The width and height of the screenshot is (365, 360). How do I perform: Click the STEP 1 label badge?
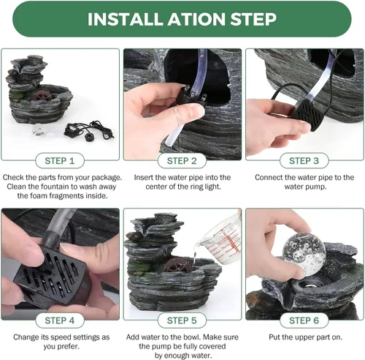[x=60, y=161]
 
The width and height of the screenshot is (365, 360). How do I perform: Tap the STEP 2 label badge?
[x=182, y=161]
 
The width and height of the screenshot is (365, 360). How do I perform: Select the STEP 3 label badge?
[x=304, y=161]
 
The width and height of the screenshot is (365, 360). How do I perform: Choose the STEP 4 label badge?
[x=60, y=320]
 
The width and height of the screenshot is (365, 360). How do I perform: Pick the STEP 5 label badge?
[x=182, y=320]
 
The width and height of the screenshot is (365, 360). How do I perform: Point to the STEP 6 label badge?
[x=304, y=320]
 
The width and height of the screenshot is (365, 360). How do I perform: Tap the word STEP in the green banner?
[x=253, y=19]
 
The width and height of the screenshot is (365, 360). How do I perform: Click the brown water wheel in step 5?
[x=177, y=265]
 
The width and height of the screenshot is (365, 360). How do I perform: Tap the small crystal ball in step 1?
[x=38, y=129]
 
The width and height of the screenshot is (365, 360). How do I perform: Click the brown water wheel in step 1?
[x=43, y=96]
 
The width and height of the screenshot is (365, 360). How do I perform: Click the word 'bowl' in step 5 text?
[x=193, y=337]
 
